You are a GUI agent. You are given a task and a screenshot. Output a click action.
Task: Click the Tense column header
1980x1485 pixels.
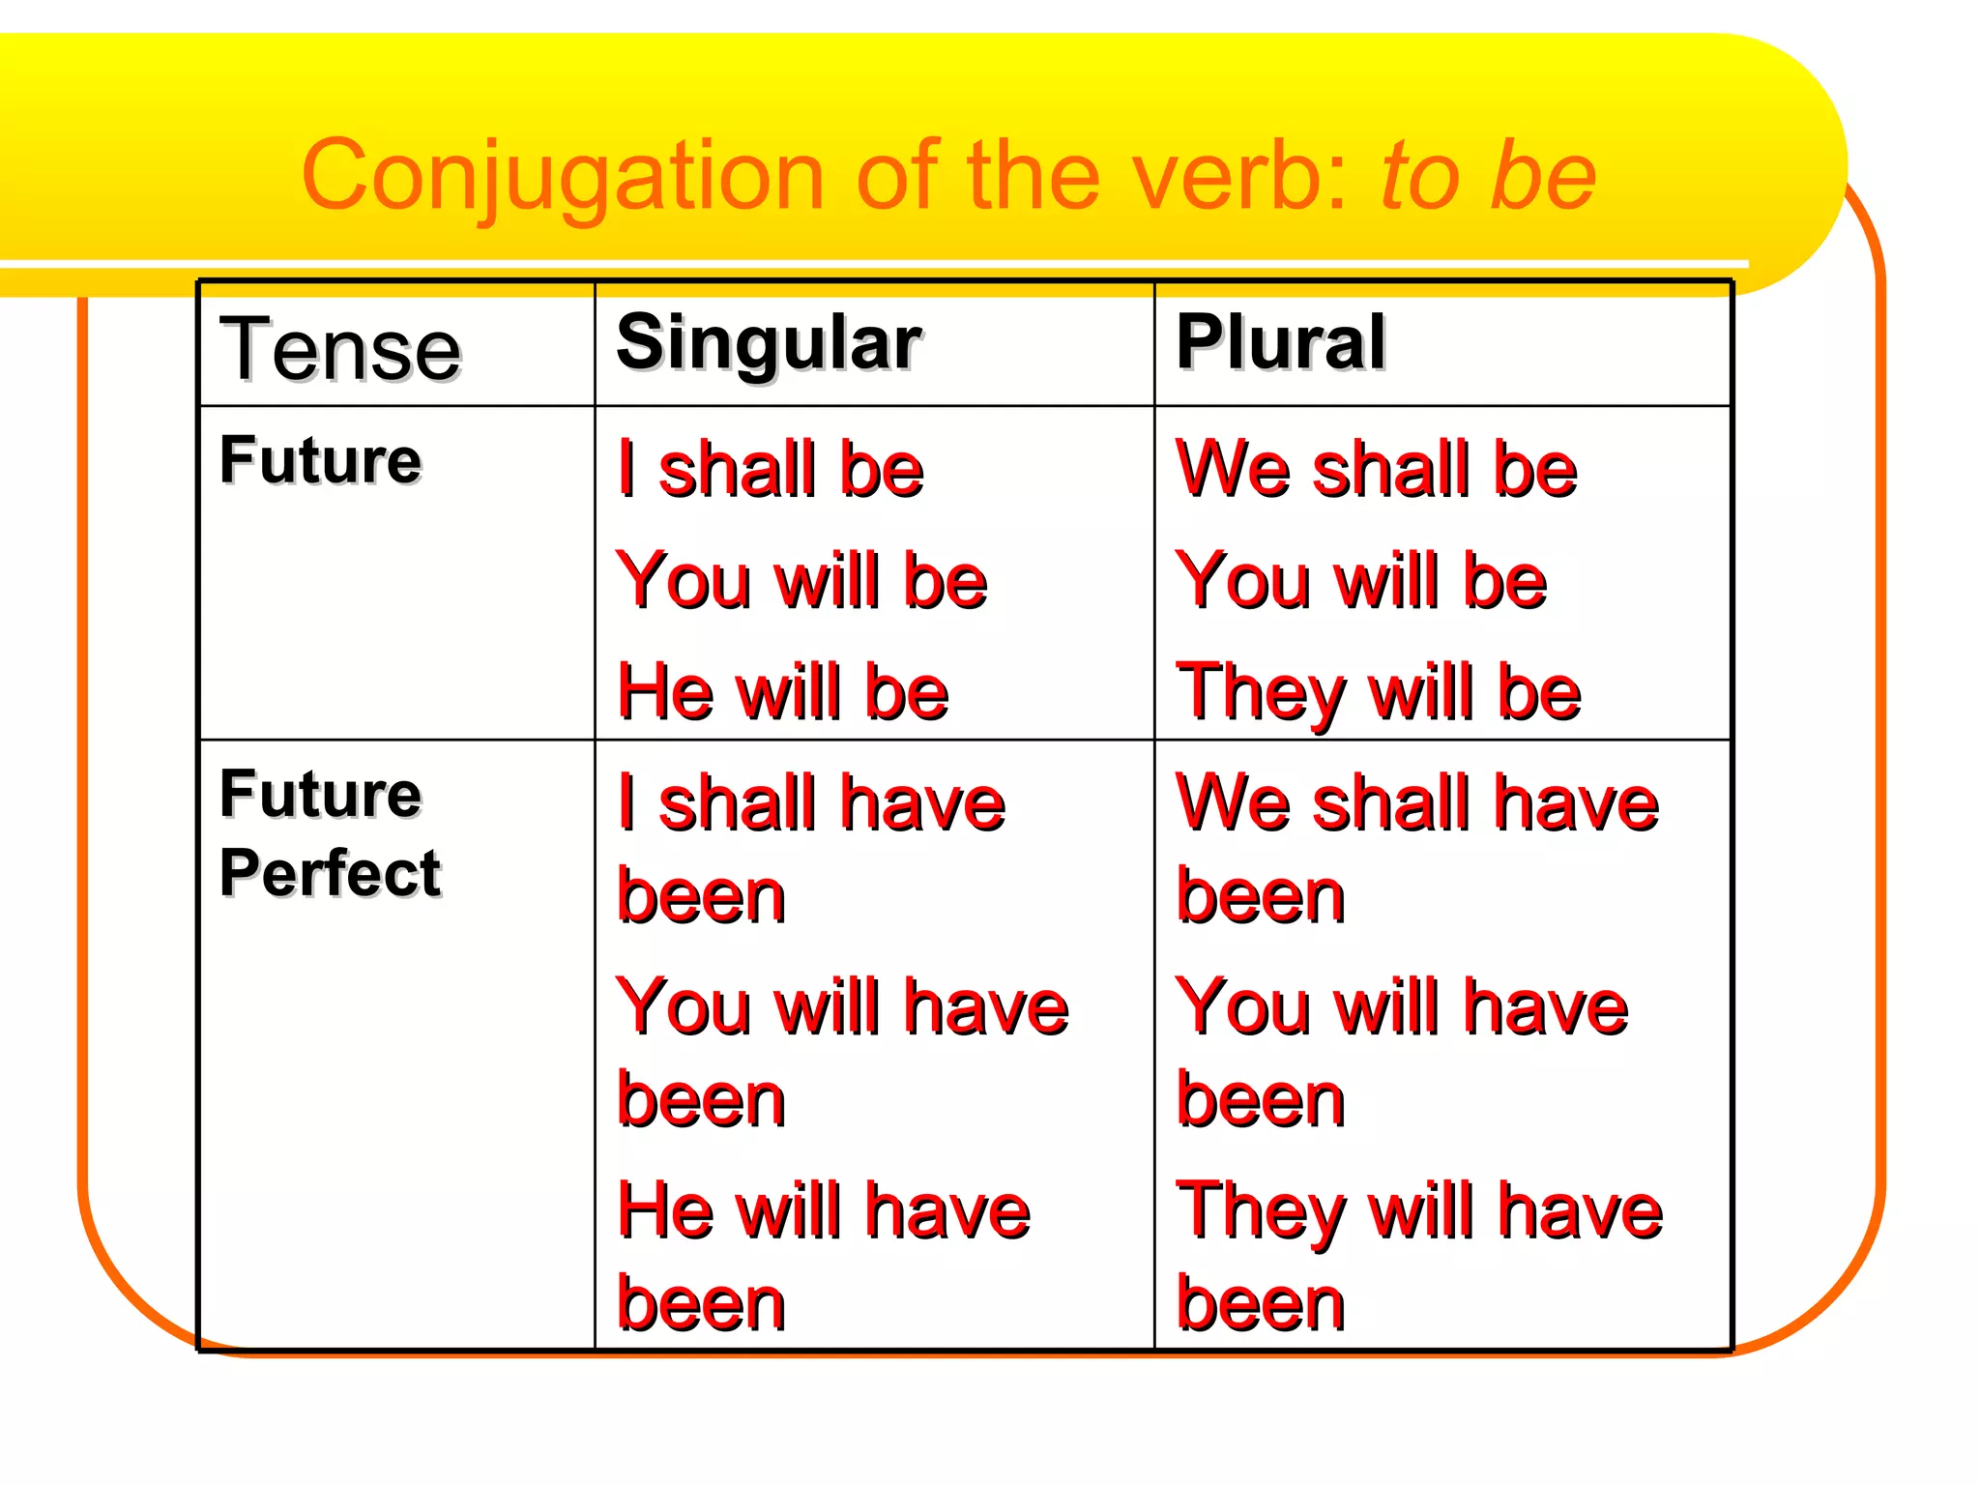(340, 350)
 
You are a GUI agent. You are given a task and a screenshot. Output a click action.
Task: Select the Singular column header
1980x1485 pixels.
(769, 343)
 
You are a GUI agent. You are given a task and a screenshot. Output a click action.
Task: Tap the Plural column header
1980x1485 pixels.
(1280, 342)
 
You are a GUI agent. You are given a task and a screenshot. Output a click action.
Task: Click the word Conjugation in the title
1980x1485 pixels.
(562, 176)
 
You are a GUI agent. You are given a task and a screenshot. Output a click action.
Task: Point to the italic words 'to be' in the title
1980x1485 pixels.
(1488, 176)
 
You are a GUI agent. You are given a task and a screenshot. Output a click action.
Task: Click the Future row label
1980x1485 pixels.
(320, 460)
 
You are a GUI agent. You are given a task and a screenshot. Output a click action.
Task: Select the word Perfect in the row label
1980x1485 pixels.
(330, 873)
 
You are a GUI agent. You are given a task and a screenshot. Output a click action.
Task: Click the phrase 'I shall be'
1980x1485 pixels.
(771, 470)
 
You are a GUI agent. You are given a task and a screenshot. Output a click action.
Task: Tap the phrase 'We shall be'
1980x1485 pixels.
(1376, 470)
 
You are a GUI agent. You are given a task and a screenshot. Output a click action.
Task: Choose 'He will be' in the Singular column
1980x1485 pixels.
(782, 692)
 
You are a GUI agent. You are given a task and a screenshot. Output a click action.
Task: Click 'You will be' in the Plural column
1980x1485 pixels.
(1360, 581)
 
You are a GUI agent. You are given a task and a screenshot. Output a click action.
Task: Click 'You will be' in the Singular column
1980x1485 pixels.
(801, 581)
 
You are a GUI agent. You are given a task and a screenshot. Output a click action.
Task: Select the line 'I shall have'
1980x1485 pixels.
(811, 803)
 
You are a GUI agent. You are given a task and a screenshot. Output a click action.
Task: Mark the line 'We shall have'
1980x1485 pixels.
(1416, 803)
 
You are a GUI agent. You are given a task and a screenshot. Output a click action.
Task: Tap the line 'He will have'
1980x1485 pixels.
(823, 1211)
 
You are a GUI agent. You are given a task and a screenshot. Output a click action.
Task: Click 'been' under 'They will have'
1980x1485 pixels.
(1260, 1304)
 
